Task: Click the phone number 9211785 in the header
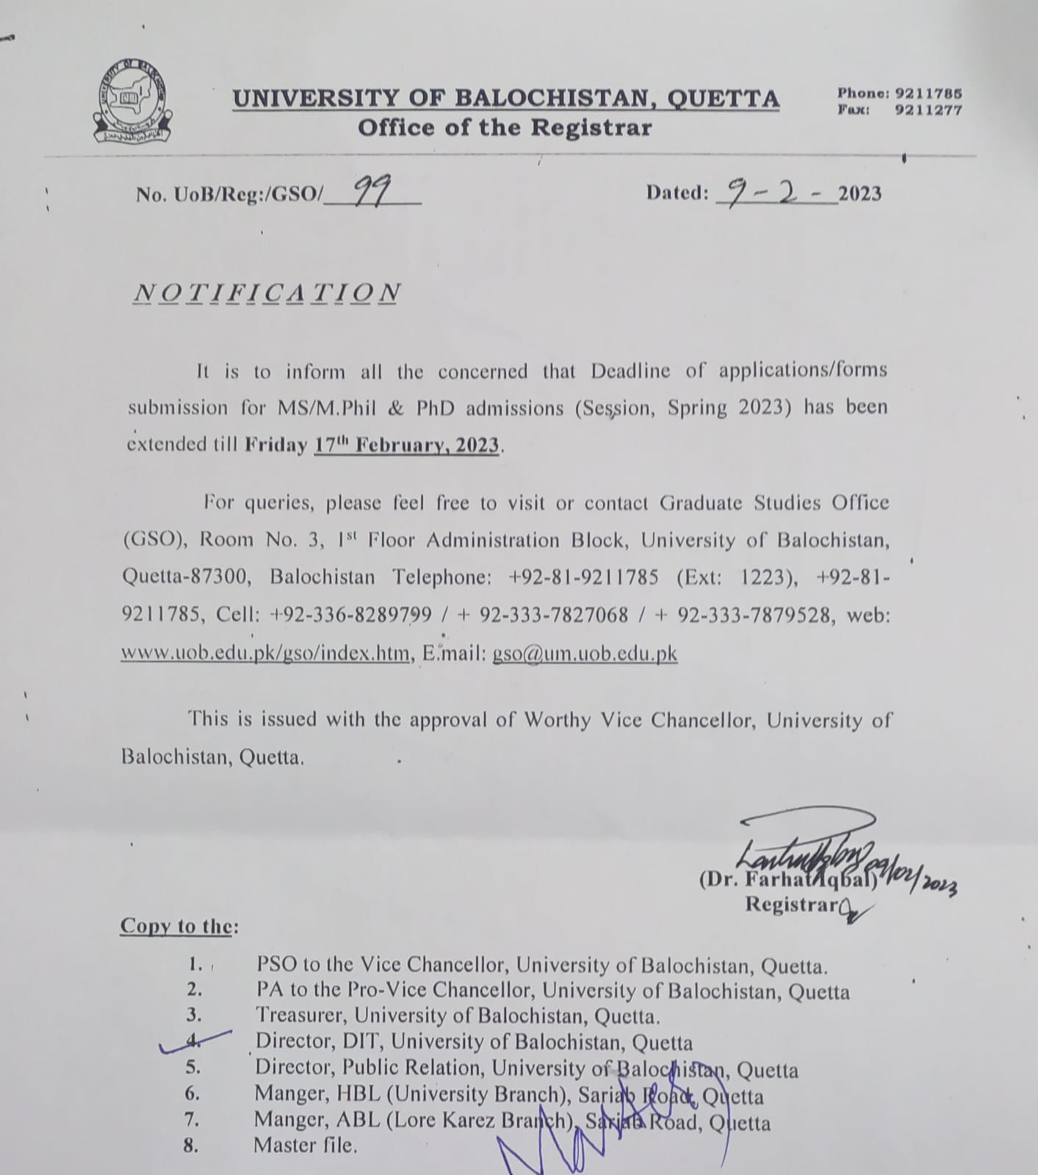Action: tap(929, 94)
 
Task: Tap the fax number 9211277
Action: tap(929, 111)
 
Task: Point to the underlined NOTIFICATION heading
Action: tap(267, 292)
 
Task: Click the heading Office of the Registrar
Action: tap(505, 128)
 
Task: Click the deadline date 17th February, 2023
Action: tap(407, 445)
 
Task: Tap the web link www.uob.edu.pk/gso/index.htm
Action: tap(265, 653)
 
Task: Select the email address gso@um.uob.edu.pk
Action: tap(585, 654)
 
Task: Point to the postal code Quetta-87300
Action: tap(187, 577)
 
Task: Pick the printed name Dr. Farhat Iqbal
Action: tap(786, 879)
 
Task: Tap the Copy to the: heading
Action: tap(179, 926)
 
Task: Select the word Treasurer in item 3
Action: tap(302, 1016)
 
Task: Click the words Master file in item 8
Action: tap(305, 1145)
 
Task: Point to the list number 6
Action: tap(192, 1093)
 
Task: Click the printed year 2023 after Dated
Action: tap(859, 194)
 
